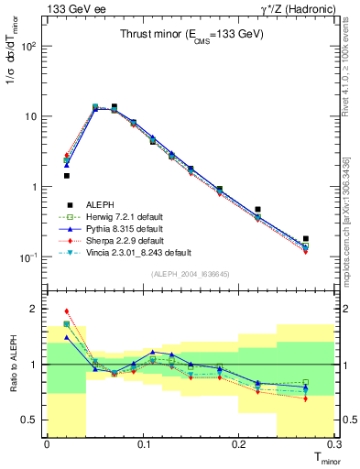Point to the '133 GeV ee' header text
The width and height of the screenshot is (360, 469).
(x=70, y=8)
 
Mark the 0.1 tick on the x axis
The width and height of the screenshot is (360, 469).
(x=143, y=444)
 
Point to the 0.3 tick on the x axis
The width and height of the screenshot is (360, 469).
(x=335, y=444)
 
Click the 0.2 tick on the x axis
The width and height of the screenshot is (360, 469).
(x=239, y=444)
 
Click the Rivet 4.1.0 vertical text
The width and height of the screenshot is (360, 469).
(x=349, y=55)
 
